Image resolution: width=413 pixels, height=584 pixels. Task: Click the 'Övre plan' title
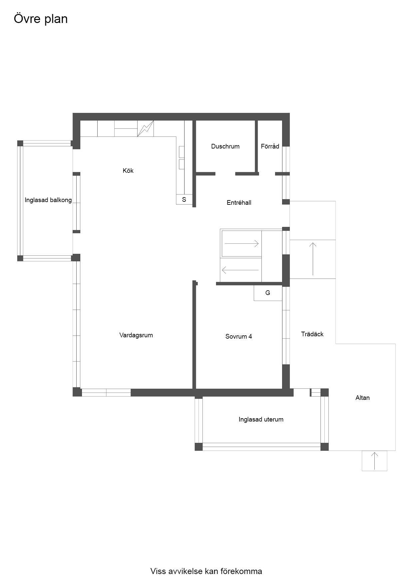[x=41, y=19]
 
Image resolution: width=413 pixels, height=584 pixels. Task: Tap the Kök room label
[x=128, y=170]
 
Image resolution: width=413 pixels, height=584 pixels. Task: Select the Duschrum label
[x=225, y=146]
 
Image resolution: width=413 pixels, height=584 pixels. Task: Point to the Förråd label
[x=270, y=146]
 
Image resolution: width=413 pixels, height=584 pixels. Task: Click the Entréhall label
[x=239, y=202]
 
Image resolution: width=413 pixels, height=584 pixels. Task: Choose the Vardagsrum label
[x=136, y=335]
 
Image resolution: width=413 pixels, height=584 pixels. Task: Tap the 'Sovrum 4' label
[x=238, y=336]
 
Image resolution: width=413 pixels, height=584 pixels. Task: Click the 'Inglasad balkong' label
[x=48, y=200]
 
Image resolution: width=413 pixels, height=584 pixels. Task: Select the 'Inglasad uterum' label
[x=261, y=420]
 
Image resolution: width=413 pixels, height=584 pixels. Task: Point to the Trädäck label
[x=312, y=334]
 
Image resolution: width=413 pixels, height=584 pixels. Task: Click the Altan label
[x=362, y=398]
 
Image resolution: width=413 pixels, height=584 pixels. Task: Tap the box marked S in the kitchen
[x=184, y=199]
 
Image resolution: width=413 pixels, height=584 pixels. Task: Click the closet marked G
[x=268, y=293]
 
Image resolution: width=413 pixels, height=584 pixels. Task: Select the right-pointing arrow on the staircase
[x=241, y=244]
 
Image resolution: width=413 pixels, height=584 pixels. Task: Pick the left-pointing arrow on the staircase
[x=240, y=270]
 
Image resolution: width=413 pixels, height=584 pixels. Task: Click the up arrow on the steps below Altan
[x=375, y=461]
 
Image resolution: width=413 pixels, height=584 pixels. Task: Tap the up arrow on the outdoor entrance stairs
[x=313, y=259]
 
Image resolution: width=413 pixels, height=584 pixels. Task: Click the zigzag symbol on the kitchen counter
[x=146, y=129]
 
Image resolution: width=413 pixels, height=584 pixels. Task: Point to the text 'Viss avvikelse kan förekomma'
[x=206, y=571]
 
